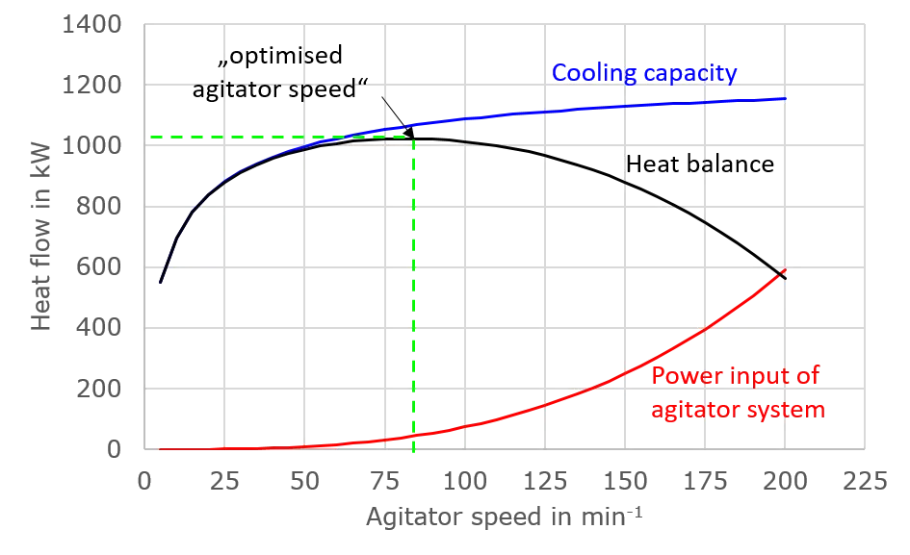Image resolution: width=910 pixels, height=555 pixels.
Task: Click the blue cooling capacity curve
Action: pos(578,110)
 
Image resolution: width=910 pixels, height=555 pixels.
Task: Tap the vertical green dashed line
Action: pos(413,317)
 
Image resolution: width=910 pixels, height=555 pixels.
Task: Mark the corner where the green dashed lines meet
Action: pos(413,138)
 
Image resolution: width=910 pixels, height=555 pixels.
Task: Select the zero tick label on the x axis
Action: pos(144,479)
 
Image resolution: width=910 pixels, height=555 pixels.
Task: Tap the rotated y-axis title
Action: pos(39,245)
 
